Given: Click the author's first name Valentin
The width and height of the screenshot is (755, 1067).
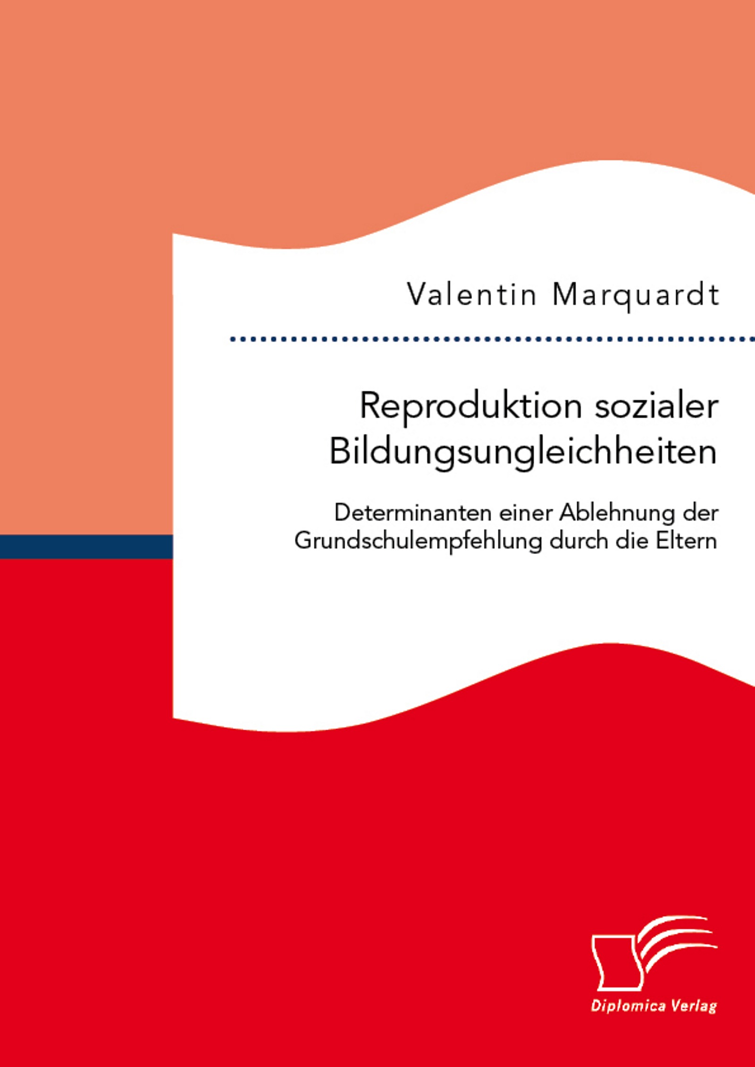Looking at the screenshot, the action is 472,295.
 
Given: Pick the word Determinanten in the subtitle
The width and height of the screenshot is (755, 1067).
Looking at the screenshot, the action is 414,513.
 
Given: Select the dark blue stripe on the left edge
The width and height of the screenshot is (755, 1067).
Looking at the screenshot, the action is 86,547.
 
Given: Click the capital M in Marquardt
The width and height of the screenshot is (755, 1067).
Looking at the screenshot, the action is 565,295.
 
